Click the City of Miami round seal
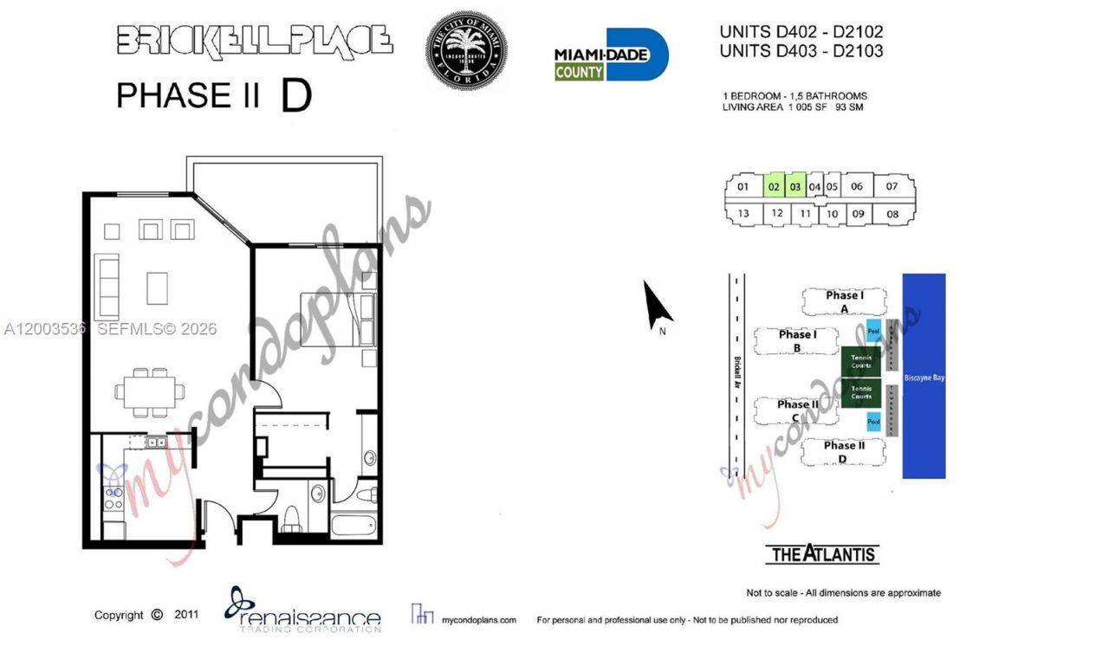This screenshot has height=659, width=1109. pyautogui.click(x=466, y=50)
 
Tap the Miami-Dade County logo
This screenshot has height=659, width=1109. pyautogui.click(x=611, y=55)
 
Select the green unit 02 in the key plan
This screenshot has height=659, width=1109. pyautogui.click(x=774, y=186)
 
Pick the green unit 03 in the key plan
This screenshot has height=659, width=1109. pyautogui.click(x=795, y=186)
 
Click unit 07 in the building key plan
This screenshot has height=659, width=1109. pyautogui.click(x=892, y=186)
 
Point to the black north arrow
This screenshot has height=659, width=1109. pyautogui.click(x=657, y=306)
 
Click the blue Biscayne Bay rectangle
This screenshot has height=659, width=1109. pyautogui.click(x=924, y=377)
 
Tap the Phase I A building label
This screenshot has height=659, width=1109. pyautogui.click(x=844, y=301)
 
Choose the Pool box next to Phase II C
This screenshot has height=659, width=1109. pyautogui.click(x=874, y=422)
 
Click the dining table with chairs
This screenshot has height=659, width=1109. pyautogui.click(x=149, y=391)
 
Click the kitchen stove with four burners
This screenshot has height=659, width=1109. pyautogui.click(x=113, y=498)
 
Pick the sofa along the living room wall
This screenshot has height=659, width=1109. pyautogui.click(x=107, y=287)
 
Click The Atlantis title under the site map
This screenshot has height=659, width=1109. pyautogui.click(x=822, y=554)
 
